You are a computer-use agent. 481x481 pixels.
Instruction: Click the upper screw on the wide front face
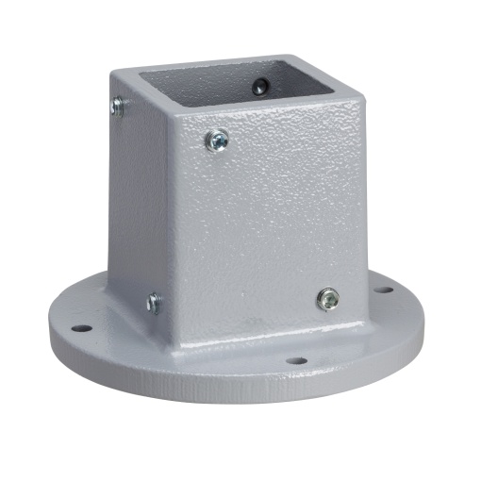(x=217, y=141)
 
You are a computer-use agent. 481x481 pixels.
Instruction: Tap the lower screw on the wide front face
(x=327, y=299)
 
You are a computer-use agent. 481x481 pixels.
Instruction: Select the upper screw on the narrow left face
(x=118, y=107)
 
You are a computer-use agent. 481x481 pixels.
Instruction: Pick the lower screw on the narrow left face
(x=153, y=304)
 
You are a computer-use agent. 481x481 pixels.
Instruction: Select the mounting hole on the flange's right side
(x=383, y=289)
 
